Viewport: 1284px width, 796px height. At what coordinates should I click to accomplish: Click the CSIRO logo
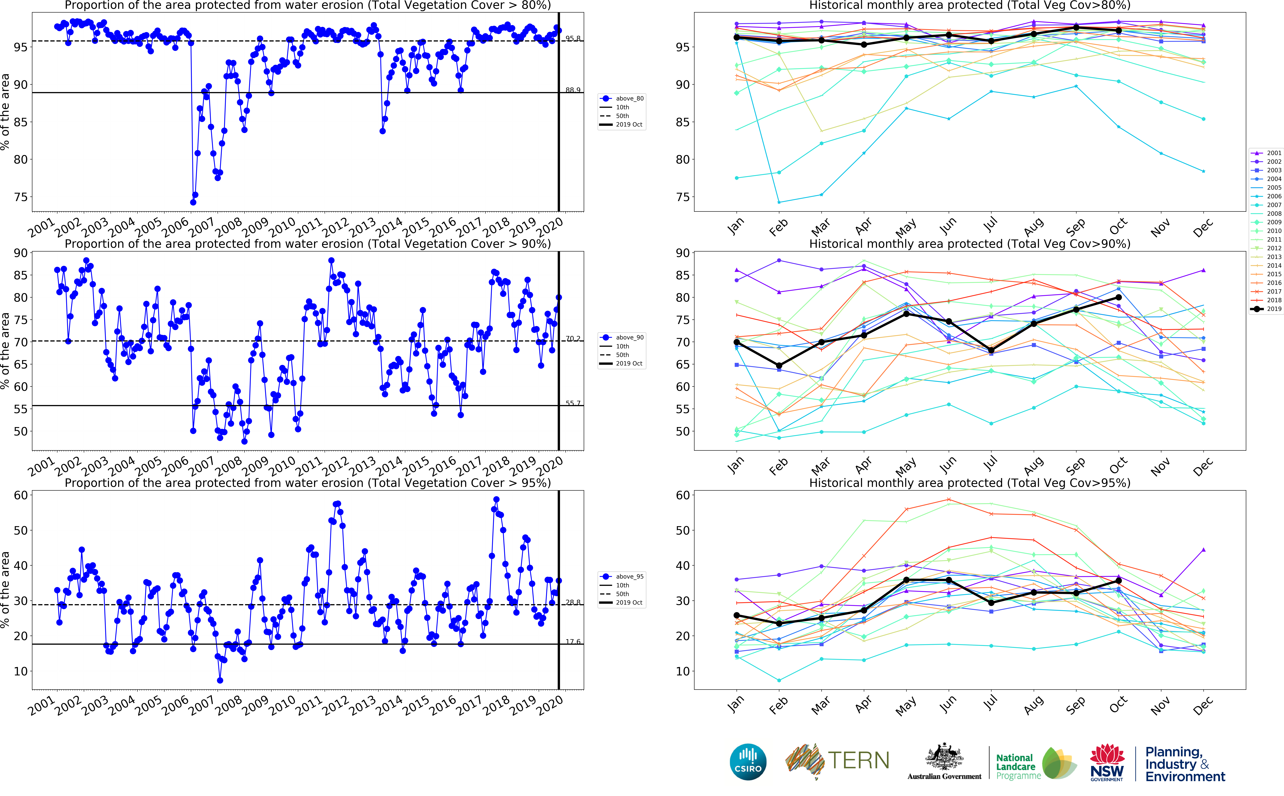748,762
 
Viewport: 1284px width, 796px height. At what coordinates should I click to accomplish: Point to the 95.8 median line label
573,38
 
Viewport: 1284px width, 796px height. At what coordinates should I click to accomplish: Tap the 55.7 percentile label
573,403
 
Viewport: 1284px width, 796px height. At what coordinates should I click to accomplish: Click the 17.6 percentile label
573,642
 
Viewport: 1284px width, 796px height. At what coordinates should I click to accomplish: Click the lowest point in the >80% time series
193,202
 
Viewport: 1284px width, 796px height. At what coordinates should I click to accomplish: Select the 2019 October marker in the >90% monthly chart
1119,297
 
